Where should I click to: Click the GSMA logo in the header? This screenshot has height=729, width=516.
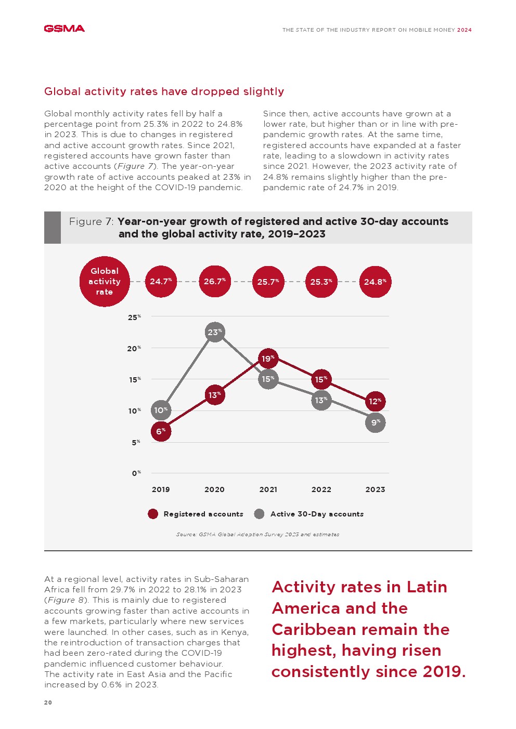(64, 29)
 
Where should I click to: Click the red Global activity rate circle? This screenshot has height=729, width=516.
(105, 282)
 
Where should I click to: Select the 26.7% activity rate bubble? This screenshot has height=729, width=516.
(215, 282)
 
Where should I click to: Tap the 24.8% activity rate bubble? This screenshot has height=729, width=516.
(375, 282)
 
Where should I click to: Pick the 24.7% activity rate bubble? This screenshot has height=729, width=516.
(161, 282)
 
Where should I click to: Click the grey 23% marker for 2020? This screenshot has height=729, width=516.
(215, 333)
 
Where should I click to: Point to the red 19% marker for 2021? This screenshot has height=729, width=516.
(268, 359)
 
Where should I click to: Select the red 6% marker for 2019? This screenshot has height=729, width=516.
(161, 431)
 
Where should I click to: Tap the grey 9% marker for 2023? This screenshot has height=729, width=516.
(375, 423)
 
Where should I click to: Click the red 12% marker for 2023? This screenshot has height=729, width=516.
(375, 401)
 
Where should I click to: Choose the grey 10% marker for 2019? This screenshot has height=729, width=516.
(161, 410)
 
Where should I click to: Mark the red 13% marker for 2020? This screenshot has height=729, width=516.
(215, 395)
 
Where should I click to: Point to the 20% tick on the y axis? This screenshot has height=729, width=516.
(134, 349)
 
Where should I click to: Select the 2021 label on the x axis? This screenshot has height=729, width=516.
(268, 489)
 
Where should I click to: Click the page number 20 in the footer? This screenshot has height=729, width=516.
(48, 703)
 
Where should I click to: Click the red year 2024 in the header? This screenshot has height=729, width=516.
(465, 30)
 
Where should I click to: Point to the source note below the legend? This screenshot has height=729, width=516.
(257, 534)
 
